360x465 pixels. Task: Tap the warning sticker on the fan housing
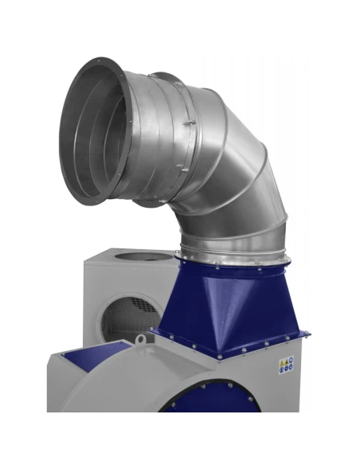tap(286, 365)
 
